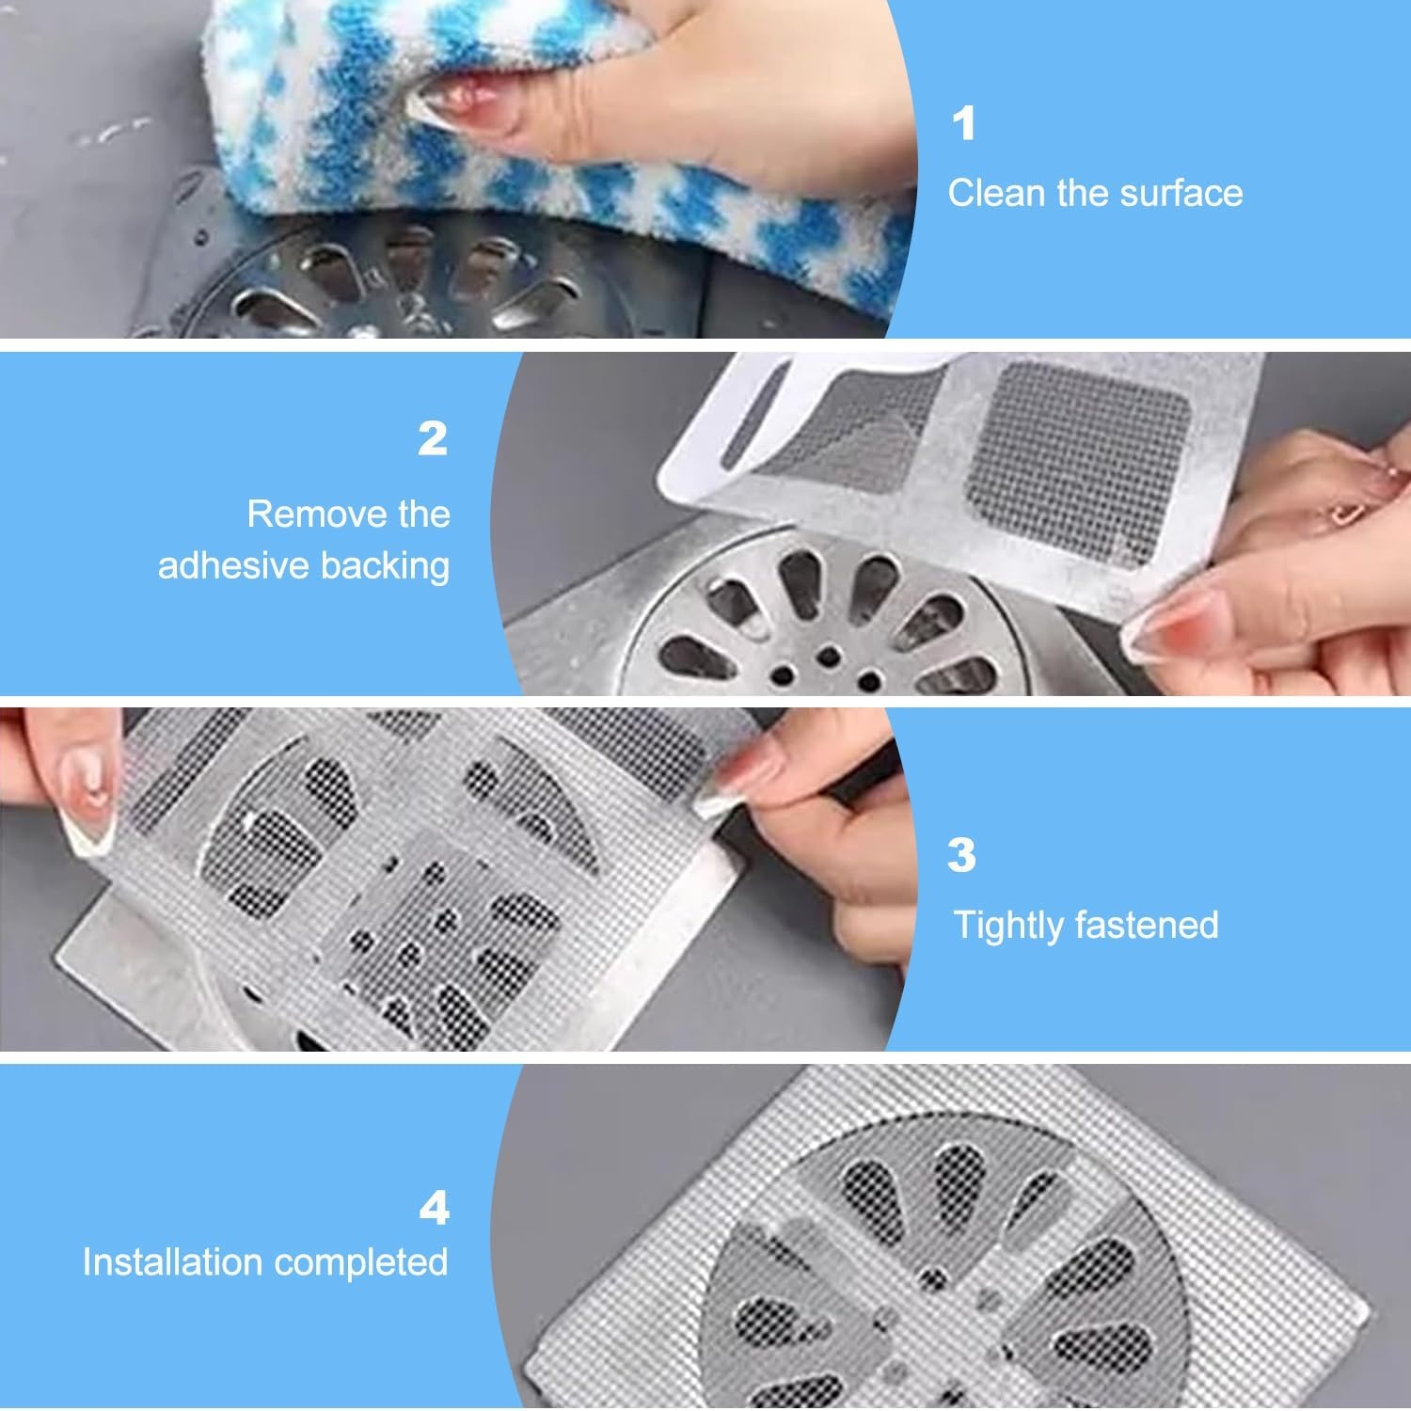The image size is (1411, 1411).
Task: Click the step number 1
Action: point(964,124)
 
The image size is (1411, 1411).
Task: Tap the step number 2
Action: point(433,438)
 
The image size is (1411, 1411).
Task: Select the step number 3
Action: point(961,856)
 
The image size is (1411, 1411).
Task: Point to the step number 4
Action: point(434,1209)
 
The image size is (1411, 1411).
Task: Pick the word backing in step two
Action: point(386,567)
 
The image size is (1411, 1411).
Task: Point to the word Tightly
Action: point(1007,926)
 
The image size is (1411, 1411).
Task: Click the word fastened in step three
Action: point(1144,925)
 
